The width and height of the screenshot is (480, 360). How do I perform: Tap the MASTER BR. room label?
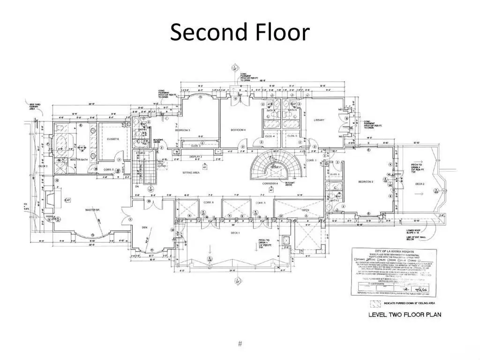(x=92, y=210)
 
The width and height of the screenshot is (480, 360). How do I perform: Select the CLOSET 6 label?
(x=112, y=139)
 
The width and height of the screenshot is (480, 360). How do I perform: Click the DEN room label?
(x=144, y=227)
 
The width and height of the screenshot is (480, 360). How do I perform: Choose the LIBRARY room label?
(x=319, y=120)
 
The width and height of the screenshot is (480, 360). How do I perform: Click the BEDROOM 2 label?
(x=366, y=181)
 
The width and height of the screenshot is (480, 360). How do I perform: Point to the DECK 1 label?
(x=235, y=233)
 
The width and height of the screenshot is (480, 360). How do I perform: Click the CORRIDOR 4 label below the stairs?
(x=270, y=183)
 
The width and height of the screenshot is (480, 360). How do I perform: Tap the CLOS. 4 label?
(x=270, y=136)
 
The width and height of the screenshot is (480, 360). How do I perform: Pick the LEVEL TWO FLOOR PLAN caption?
(x=404, y=315)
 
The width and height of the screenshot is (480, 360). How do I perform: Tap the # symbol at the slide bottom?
(x=240, y=344)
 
